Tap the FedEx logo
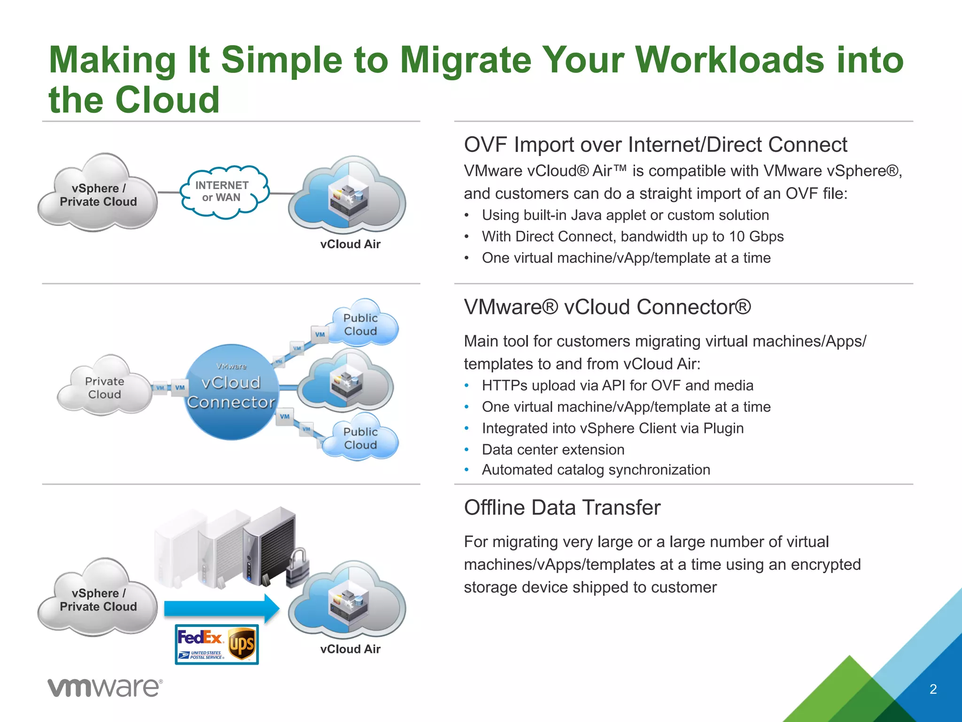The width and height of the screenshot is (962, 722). tap(200, 638)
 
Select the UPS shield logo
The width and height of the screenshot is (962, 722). tap(242, 644)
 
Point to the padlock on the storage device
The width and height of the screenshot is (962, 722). tap(297, 568)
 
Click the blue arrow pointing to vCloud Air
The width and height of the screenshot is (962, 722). tap(221, 608)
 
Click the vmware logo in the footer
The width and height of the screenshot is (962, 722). tap(105, 688)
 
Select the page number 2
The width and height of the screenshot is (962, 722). tap(933, 689)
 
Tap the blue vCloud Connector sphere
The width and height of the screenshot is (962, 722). tap(231, 392)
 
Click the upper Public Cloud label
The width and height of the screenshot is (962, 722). tap(360, 324)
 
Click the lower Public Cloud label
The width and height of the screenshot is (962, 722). tap(360, 438)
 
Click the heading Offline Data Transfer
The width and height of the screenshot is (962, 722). tap(562, 508)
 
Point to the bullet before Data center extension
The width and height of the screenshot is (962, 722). tap(466, 450)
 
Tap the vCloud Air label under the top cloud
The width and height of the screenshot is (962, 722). tap(350, 244)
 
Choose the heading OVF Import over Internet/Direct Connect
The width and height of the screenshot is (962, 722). tap(655, 145)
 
